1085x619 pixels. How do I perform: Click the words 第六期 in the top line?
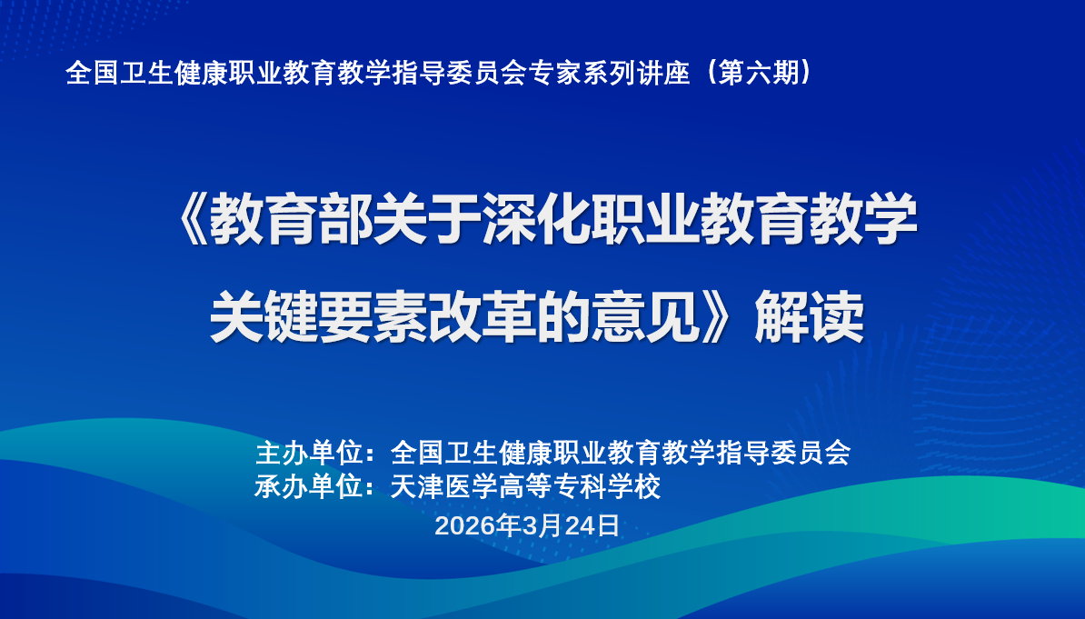759,72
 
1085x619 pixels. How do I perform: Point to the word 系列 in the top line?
610,72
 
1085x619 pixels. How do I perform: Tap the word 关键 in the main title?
264,317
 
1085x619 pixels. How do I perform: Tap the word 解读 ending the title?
809,317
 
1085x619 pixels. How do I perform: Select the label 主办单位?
309,453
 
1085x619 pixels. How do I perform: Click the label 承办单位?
309,486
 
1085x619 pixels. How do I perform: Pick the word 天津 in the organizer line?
416,486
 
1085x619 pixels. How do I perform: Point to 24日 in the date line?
592,526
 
